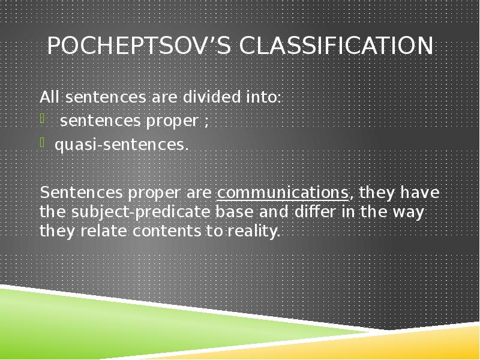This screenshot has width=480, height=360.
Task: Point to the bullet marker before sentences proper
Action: point(43,120)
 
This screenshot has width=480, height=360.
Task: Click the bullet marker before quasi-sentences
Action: point(43,144)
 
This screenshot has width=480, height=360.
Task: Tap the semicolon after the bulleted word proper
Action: point(206,121)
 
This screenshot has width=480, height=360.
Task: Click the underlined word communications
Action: point(283,193)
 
